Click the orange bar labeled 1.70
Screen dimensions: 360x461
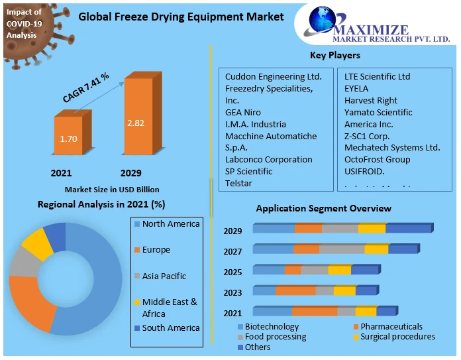click(68, 140)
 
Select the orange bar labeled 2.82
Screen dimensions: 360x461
click(138, 123)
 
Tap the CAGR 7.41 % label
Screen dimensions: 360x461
click(86, 88)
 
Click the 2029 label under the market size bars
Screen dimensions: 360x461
click(130, 173)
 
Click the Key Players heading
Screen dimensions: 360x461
click(335, 56)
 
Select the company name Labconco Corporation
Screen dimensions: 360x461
click(268, 160)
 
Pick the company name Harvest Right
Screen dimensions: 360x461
click(370, 101)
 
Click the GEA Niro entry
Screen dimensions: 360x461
click(243, 113)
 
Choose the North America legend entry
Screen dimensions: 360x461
click(170, 224)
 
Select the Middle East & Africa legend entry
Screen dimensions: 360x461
click(170, 308)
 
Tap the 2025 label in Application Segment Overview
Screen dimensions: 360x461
click(232, 272)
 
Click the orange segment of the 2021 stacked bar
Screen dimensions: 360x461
click(314, 312)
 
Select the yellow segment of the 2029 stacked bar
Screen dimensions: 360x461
click(372, 229)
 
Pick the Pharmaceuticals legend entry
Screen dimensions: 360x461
click(391, 327)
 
